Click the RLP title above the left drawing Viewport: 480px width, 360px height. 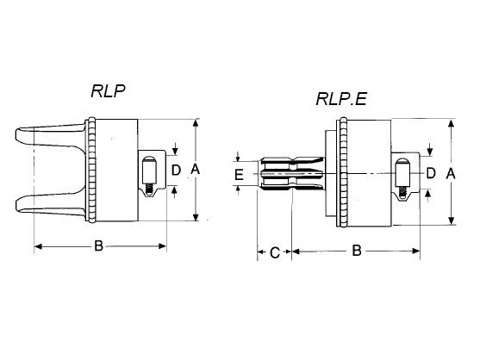(108, 90)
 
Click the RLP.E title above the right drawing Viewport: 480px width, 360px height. (341, 99)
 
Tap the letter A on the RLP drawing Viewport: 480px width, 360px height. (195, 169)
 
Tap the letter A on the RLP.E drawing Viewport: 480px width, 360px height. (451, 174)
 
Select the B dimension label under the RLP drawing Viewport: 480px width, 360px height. (98, 245)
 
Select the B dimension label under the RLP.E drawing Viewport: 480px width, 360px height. (357, 251)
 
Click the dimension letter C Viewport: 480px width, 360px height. (275, 253)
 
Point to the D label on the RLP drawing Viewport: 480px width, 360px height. (176, 170)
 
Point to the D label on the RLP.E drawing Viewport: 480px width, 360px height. (431, 173)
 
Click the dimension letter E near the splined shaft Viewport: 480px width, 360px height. (239, 175)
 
